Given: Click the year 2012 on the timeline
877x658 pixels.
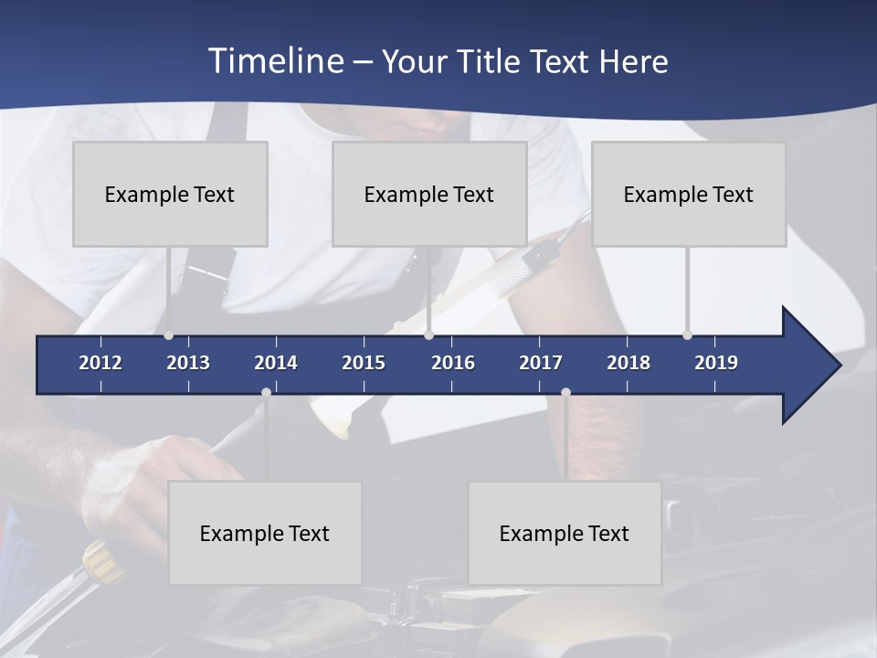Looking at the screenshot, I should [x=100, y=363].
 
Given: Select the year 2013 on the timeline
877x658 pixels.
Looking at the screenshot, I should [x=188, y=363].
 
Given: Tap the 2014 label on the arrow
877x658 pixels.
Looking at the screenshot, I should [x=276, y=363].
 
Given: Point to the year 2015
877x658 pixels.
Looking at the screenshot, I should [x=364, y=363].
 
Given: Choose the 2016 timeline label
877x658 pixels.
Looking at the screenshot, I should [x=453, y=363].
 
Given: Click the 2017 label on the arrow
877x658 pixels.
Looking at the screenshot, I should [x=541, y=363].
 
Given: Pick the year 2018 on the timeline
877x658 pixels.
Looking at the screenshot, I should [x=629, y=363].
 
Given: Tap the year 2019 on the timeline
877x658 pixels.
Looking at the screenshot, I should [x=716, y=363].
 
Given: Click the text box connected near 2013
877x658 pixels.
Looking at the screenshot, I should [x=170, y=194].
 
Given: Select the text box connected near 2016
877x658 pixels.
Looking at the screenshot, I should [x=429, y=194].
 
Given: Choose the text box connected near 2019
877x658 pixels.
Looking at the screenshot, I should [x=689, y=194].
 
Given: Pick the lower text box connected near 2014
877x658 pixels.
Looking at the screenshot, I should [x=265, y=533].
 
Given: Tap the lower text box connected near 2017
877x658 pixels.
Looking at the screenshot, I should [x=565, y=533].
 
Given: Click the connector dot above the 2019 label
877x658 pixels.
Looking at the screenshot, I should [x=687, y=335].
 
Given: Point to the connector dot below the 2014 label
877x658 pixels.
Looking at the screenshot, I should [x=266, y=393].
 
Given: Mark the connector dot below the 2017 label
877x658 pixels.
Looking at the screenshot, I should [x=565, y=393].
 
